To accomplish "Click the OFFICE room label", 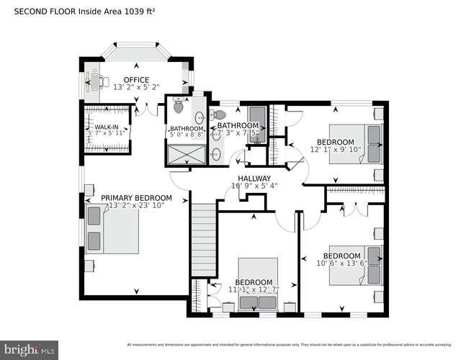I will point(136,80).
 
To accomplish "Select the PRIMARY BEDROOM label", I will point(136,198).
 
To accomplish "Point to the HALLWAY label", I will point(250,178).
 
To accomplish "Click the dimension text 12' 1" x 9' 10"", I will point(334,150).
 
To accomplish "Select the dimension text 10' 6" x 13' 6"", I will point(341,264).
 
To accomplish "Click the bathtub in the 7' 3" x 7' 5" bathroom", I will point(257,124).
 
